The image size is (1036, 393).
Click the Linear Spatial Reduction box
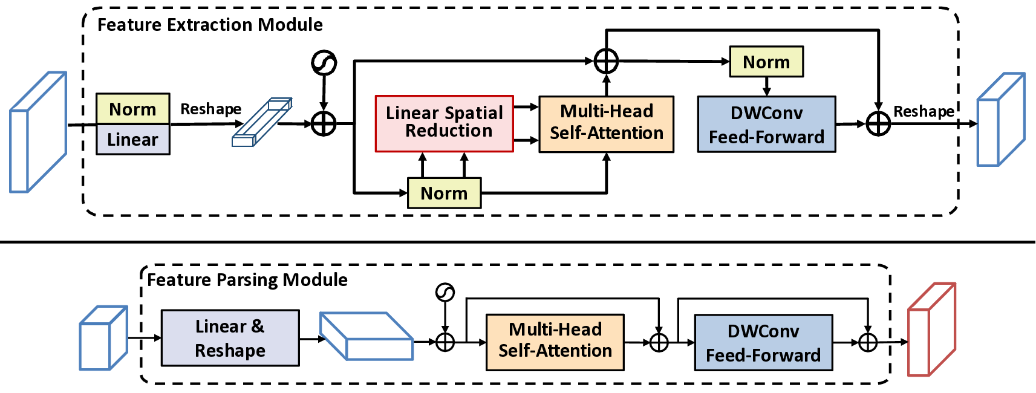(x=444, y=123)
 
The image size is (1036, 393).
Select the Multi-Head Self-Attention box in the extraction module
(x=606, y=123)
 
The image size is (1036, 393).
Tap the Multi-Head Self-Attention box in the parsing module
(x=555, y=342)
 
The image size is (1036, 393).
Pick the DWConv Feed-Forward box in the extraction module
(x=766, y=124)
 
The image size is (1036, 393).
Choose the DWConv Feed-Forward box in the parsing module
(x=763, y=342)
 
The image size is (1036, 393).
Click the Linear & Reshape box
(x=230, y=338)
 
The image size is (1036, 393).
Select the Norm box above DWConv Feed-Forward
(x=766, y=62)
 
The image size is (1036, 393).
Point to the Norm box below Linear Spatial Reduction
(x=444, y=193)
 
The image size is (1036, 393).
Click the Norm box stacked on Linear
(x=132, y=109)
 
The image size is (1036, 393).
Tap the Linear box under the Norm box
(x=132, y=140)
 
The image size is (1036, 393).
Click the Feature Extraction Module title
(x=210, y=25)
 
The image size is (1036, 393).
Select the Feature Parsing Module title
(x=247, y=280)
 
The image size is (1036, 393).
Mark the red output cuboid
(x=931, y=330)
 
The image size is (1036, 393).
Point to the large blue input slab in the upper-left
(x=37, y=132)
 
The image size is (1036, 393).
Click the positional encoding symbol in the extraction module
(x=324, y=63)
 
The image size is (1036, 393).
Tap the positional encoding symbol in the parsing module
(x=445, y=293)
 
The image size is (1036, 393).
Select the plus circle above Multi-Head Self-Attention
(x=606, y=61)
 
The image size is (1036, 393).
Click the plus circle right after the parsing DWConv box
(x=868, y=342)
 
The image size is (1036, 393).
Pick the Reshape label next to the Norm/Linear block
(x=210, y=109)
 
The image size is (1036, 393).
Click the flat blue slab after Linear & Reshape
(x=367, y=337)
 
